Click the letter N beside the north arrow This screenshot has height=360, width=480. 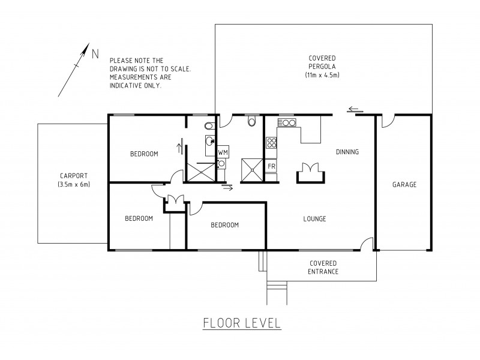tap(95, 53)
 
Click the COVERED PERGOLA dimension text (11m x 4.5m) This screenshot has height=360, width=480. tap(323, 75)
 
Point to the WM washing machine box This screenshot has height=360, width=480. tap(223, 153)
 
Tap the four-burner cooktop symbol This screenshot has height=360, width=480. tap(271, 143)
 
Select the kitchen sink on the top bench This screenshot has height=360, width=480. tap(287, 124)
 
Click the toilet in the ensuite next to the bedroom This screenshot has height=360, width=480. tap(208, 126)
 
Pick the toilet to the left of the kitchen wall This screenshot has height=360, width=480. tap(251, 122)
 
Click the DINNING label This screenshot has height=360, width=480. tap(347, 152)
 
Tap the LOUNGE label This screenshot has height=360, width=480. tap(314, 219)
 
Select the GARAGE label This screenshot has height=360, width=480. tap(404, 184)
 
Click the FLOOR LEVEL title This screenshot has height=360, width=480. tap(242, 324)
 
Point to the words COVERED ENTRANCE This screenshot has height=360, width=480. tap(323, 268)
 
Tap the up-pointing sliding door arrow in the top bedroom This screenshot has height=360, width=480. tap(179, 146)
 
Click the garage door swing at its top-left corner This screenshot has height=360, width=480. tap(386, 121)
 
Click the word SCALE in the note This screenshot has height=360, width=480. tap(178, 69)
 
